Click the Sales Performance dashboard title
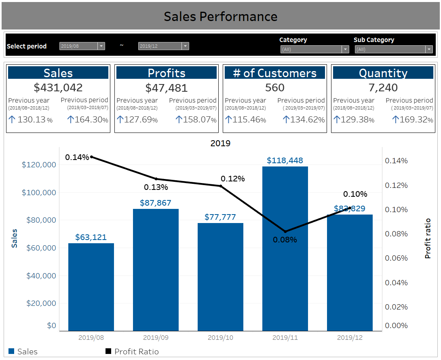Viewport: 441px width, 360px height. tap(220, 17)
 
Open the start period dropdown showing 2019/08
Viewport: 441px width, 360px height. tap(82, 46)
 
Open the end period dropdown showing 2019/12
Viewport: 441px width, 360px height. tap(163, 46)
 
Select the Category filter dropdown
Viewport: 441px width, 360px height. tap(314, 49)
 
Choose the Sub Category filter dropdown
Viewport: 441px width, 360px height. tap(393, 49)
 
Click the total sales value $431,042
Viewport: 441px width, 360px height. tap(58, 88)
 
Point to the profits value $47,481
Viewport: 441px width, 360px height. tap(167, 88)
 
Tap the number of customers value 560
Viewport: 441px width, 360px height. tap(275, 88)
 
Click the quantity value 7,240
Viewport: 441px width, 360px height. tap(383, 88)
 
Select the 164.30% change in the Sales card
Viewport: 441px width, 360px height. tap(87, 120)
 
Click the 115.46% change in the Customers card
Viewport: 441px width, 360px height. tap(245, 120)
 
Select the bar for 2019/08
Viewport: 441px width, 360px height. tap(91, 287)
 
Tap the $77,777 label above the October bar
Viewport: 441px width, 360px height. tap(220, 217)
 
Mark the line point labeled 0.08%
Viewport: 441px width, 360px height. tap(285, 232)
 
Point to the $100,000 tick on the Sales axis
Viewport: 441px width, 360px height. tap(39, 192)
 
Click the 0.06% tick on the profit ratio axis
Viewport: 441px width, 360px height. tap(396, 258)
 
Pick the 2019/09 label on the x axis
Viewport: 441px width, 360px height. tap(156, 337)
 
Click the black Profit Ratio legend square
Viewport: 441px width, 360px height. tap(108, 352)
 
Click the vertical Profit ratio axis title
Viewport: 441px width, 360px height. tap(428, 238)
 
